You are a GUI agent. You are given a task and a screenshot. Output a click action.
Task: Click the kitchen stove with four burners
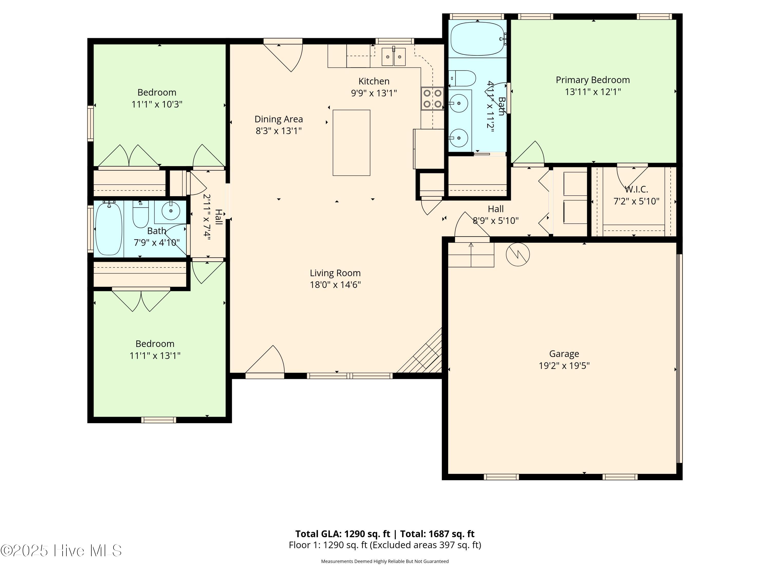coord(432,98)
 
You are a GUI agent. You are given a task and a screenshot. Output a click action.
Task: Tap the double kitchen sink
coord(394,57)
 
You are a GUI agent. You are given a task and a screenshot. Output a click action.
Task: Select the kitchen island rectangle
coord(351,143)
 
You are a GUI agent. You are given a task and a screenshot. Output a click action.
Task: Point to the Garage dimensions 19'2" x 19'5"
coord(564,365)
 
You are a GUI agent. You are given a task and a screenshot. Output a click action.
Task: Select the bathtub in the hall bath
coord(109,228)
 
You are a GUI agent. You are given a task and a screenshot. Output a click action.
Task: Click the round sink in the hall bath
coord(171,211)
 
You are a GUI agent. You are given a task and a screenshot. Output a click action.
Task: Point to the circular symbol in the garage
coord(518,254)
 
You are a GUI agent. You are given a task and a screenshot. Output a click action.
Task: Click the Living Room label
coord(335,273)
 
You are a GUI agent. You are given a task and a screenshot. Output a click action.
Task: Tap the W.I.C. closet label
coord(636,190)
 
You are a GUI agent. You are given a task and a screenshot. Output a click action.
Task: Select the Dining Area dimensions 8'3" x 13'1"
coord(278,131)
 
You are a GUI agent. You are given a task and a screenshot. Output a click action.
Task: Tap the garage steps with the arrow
coord(471,255)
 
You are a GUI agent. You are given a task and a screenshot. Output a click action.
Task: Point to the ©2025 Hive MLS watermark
coord(61,551)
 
